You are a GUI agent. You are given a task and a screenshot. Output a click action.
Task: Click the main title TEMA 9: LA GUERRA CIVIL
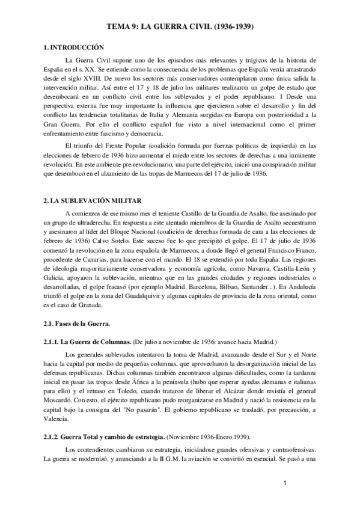click(180, 27)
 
